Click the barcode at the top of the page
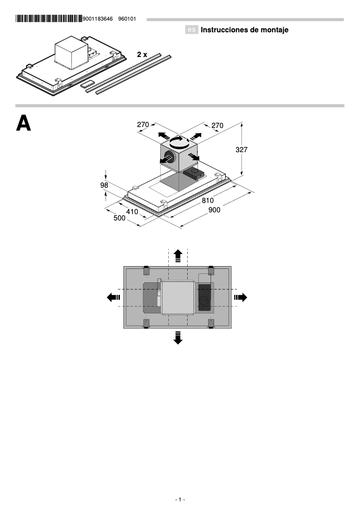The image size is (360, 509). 48,19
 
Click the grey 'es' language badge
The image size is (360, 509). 192,30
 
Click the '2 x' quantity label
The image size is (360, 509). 142,54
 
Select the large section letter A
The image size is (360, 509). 23,123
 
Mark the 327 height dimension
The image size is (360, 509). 241,150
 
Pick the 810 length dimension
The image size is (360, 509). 208,201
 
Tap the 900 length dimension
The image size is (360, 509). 215,210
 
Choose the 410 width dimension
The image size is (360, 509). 132,211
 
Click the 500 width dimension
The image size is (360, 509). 119,218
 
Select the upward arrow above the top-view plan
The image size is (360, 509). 178,255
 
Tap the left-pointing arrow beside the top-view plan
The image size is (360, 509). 114,297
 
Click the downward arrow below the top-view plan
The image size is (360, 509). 178,338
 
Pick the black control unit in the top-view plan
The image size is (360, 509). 205,298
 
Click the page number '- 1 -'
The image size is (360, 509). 180,500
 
